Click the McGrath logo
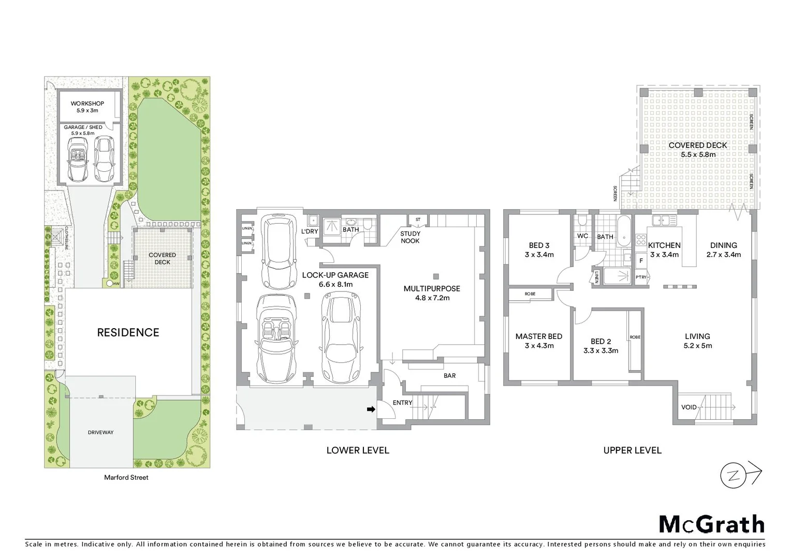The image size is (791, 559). click(x=711, y=524)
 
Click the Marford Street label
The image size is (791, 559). click(x=126, y=477)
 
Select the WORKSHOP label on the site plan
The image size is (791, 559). click(x=87, y=104)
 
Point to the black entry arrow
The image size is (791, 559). click(x=371, y=409)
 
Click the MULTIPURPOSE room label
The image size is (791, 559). click(x=432, y=289)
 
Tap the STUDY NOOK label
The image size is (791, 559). click(x=410, y=237)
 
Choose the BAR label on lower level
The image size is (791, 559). click(x=449, y=375)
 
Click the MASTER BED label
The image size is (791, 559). click(x=538, y=336)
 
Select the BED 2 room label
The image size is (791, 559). click(x=600, y=342)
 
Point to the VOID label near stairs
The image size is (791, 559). click(x=689, y=407)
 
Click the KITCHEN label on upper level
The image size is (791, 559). click(x=664, y=245)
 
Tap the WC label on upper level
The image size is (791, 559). click(x=582, y=236)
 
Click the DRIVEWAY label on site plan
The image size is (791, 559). click(x=100, y=432)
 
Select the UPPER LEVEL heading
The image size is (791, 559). click(x=632, y=450)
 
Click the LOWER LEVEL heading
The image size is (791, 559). click(x=357, y=450)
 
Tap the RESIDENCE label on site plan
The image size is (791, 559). click(x=128, y=333)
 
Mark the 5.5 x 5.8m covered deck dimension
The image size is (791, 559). click(x=698, y=154)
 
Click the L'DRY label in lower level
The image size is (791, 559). click(x=310, y=231)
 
